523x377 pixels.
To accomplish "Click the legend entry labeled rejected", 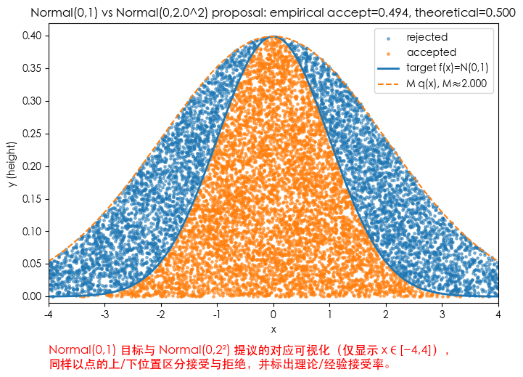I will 427,37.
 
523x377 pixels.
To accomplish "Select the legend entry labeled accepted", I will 431,52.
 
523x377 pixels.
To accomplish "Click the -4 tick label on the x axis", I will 49,315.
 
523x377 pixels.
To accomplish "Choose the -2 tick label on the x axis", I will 161,315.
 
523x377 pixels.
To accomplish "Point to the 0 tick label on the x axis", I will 273,315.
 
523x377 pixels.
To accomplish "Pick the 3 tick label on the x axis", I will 442,315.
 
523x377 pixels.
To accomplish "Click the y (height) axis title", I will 12,166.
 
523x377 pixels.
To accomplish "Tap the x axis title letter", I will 273,330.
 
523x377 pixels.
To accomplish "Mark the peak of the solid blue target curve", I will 273,36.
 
